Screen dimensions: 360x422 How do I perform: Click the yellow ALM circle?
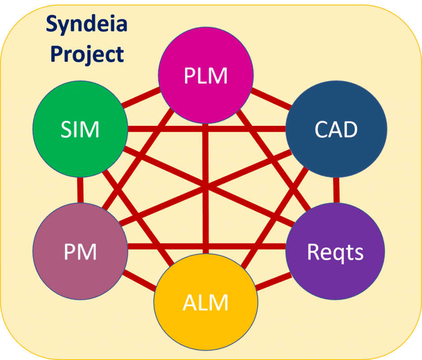[206, 302]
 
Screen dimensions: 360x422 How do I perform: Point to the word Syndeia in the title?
[86, 25]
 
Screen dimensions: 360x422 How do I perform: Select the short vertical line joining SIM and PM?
[80, 190]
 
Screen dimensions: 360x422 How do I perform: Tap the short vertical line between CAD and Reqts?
[336, 190]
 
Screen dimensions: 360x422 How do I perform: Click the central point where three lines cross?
[206, 187]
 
